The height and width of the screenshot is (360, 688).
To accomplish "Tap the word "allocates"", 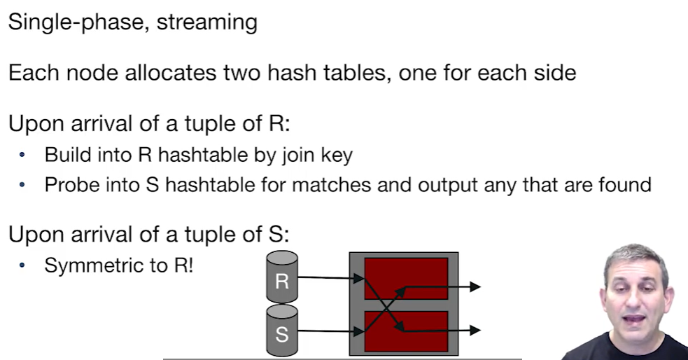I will (x=178, y=73).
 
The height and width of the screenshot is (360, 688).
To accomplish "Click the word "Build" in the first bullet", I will (x=63, y=155).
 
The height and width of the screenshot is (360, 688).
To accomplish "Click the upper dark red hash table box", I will (x=407, y=278).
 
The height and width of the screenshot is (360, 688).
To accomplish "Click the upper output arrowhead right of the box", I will (x=475, y=286).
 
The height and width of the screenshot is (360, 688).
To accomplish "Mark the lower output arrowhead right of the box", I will (x=475, y=329).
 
